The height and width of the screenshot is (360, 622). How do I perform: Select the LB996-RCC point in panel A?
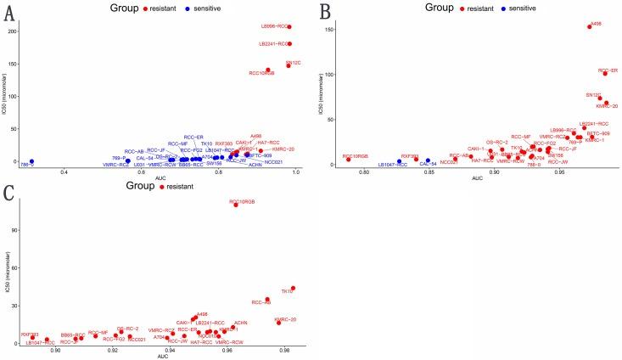click(x=289, y=27)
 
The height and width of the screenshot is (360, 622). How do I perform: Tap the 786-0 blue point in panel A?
click(x=31, y=161)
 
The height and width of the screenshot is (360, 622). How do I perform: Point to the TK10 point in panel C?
click(x=293, y=288)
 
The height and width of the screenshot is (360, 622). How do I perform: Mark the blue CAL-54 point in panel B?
click(x=427, y=160)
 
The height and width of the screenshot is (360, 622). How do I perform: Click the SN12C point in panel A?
click(x=289, y=65)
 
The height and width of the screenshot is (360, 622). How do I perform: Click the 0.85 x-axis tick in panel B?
click(x=429, y=173)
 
